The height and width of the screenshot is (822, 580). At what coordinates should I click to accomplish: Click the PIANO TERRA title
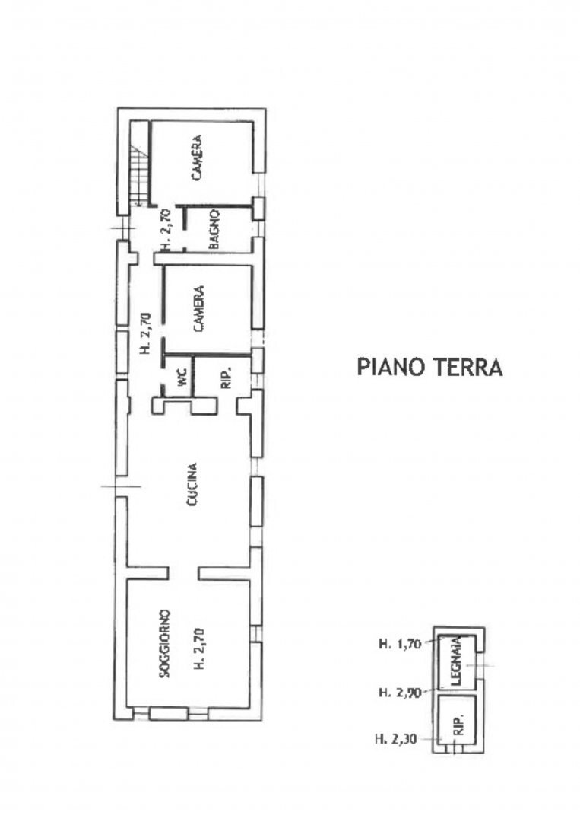click(429, 367)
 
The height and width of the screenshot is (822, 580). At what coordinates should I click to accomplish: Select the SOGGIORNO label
click(165, 643)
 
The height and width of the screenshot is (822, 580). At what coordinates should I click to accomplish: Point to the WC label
click(182, 378)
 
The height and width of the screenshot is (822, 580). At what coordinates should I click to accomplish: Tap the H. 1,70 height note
click(400, 644)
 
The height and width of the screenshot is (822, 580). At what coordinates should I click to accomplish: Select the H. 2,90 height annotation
click(400, 693)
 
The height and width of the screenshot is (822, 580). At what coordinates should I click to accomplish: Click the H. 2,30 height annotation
click(396, 740)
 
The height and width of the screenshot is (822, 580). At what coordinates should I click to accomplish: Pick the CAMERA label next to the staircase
click(197, 158)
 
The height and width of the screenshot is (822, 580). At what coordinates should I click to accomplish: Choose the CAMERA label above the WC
click(198, 308)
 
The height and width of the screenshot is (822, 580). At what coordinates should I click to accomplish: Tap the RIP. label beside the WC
click(227, 378)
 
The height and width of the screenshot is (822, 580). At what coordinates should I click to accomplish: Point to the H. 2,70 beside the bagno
click(165, 230)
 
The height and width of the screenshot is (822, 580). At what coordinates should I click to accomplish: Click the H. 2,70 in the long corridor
click(145, 333)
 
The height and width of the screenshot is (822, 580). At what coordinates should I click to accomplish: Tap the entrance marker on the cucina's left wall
click(121, 486)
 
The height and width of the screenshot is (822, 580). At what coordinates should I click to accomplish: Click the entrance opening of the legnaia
click(480, 666)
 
